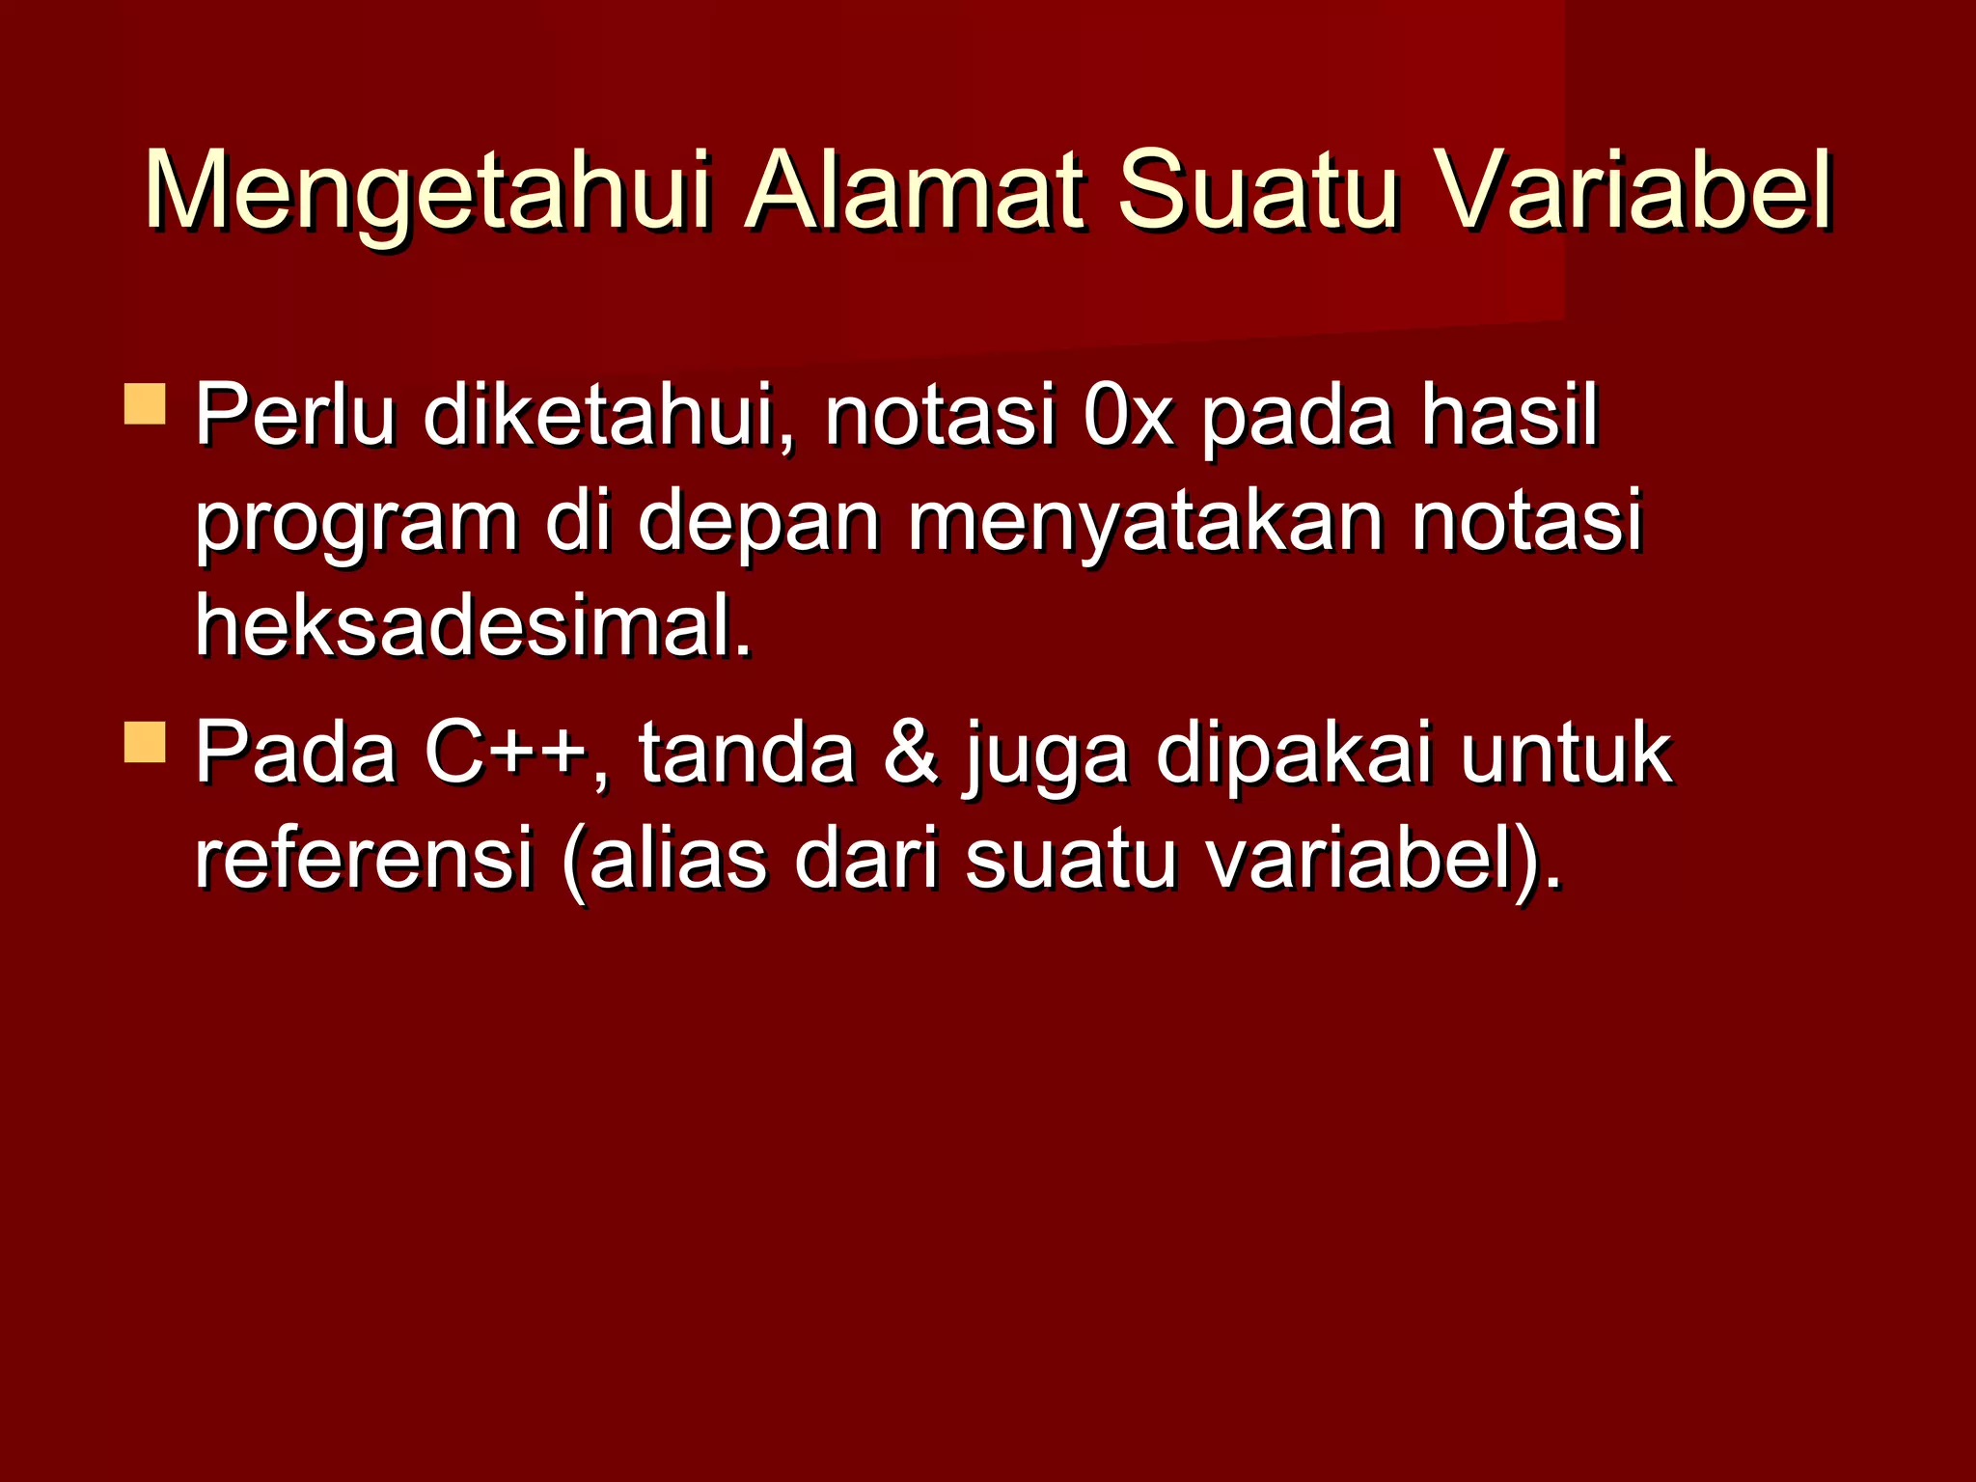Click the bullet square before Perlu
145,404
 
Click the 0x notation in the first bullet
1128,417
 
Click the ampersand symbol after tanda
910,753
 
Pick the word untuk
1565,753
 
